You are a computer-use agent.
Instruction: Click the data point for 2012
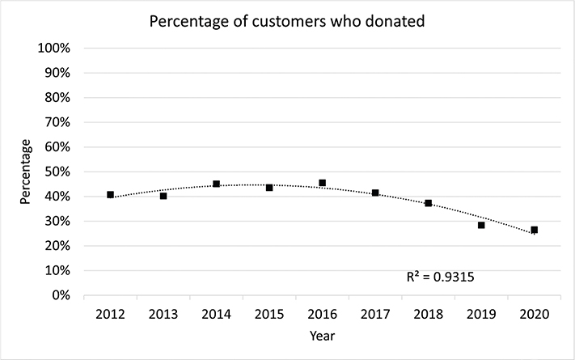coord(110,195)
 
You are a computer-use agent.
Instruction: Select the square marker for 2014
coord(216,184)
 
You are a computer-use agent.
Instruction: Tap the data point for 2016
coord(322,183)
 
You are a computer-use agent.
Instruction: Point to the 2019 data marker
coord(481,225)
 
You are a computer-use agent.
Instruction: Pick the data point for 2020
coord(534,230)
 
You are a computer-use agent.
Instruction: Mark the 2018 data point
coord(428,203)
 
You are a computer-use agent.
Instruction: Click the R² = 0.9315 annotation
coord(439,277)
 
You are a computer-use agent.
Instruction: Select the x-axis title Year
coord(322,334)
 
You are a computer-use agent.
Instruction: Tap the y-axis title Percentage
coord(26,172)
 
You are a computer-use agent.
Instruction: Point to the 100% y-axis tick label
coord(55,48)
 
